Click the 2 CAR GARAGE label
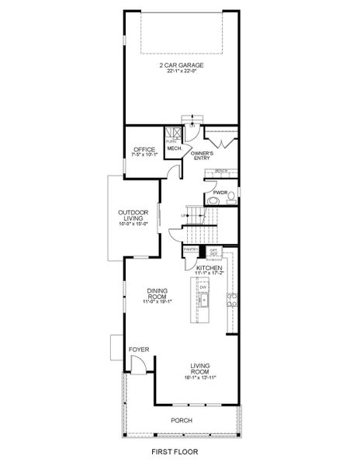pyautogui.click(x=182, y=65)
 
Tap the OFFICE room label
pyautogui.click(x=144, y=149)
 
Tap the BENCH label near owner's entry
pyautogui.click(x=221, y=171)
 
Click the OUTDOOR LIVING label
pyautogui.click(x=133, y=215)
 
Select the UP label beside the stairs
pyautogui.click(x=184, y=215)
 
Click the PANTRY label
pyautogui.click(x=191, y=249)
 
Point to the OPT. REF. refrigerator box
pyautogui.click(x=213, y=252)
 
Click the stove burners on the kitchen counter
pyautogui.click(x=230, y=298)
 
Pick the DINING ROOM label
pyautogui.click(x=158, y=294)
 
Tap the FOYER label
pyautogui.click(x=139, y=349)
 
